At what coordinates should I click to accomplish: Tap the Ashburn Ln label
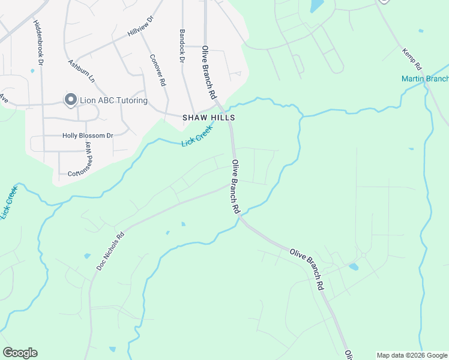(82, 71)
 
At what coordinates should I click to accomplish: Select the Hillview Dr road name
(141, 26)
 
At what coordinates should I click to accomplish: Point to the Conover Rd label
(158, 71)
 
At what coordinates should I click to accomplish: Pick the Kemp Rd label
(413, 62)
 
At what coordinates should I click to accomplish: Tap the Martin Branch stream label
(425, 79)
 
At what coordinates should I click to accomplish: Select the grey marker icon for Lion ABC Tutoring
(70, 100)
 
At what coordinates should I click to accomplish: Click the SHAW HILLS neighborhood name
(208, 118)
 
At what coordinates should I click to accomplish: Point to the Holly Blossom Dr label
(88, 136)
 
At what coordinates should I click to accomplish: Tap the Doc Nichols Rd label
(110, 250)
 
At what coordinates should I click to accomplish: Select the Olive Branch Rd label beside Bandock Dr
(208, 73)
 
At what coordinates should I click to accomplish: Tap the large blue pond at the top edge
(315, 6)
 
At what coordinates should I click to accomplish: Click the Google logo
(20, 353)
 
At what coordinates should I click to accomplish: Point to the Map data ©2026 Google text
(412, 355)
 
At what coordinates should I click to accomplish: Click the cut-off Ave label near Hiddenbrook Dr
(5, 96)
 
